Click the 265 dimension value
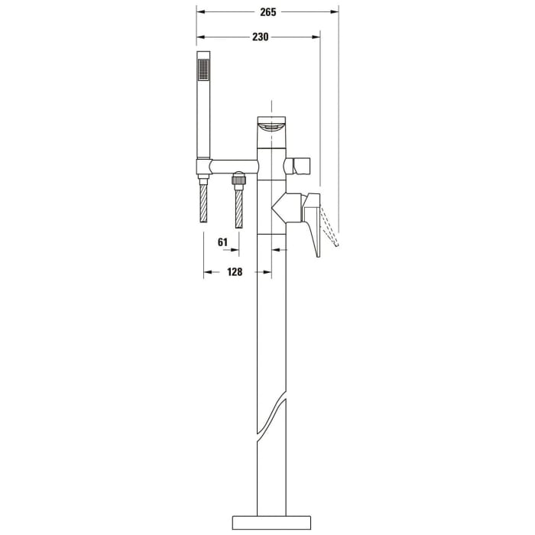point(267,12)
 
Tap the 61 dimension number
point(224,242)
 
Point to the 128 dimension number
point(235,272)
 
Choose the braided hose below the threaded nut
point(239,207)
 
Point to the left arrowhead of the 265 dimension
point(199,12)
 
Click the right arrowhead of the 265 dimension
point(334,12)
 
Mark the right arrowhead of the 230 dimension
point(316,36)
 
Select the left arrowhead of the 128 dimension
point(206,272)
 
